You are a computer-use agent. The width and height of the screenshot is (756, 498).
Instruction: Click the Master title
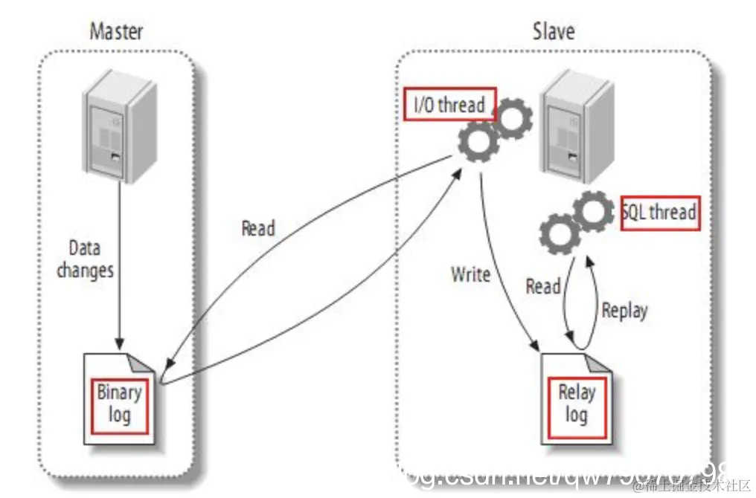coord(116,31)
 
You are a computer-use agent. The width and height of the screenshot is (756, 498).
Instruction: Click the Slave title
coord(554,31)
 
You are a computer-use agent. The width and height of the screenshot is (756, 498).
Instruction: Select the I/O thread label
coord(449,105)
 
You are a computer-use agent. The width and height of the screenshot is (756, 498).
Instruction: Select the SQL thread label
coord(660,213)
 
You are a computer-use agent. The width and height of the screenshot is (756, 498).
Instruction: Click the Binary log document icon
coord(120,398)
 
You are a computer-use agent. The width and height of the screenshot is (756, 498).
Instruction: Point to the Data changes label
coord(85,259)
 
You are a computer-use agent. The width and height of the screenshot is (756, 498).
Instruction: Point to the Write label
coord(470,274)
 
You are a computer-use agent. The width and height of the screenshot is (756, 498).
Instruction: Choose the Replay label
coord(624,310)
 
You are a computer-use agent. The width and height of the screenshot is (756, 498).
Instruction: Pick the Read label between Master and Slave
coord(258,228)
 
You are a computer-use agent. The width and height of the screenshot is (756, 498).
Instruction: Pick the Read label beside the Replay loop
coord(542,286)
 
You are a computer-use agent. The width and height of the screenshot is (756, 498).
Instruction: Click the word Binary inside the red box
coord(119,392)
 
